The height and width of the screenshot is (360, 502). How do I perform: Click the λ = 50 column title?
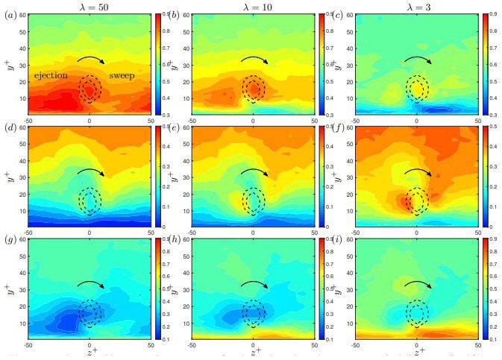pyautogui.click(x=90, y=6)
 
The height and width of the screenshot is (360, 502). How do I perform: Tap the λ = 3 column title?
pyautogui.click(x=415, y=6)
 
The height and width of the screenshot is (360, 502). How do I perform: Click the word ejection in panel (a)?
pyautogui.click(x=51, y=75)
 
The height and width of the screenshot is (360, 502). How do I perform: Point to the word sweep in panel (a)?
pyautogui.click(x=122, y=75)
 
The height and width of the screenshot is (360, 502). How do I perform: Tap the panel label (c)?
pyautogui.click(x=339, y=15)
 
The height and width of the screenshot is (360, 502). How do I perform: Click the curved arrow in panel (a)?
pyautogui.click(x=90, y=60)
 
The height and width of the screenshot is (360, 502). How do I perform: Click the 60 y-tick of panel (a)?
pyautogui.click(x=24, y=15)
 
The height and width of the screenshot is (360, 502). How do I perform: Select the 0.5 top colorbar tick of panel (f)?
pyautogui.click(x=486, y=128)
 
